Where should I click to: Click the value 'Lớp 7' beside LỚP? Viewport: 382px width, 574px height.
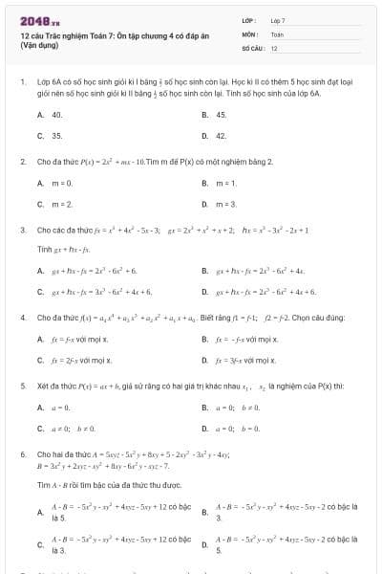pos(278,20)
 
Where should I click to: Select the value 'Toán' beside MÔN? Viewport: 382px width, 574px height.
pos(277,33)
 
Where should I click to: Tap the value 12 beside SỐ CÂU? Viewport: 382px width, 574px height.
pos(274,47)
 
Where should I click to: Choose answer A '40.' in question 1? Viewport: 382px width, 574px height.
pos(56,114)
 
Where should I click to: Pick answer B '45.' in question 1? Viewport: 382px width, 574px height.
pos(221,114)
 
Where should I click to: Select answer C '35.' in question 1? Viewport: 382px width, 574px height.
pos(56,136)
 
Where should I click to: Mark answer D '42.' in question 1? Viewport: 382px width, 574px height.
pos(221,136)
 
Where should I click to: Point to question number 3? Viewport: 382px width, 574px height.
pos(22,230)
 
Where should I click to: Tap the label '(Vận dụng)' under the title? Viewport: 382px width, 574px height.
pos(39,45)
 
